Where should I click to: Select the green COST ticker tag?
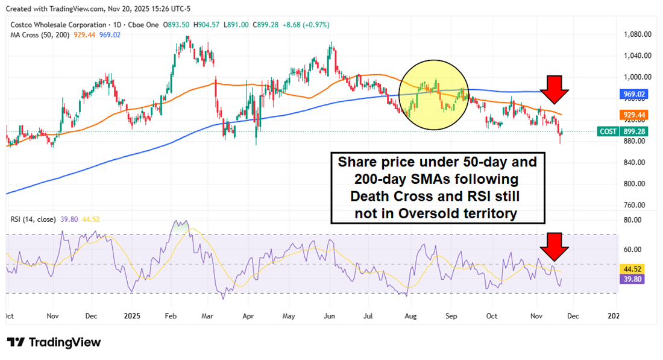coord(608,131)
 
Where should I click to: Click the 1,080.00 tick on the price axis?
coord(637,34)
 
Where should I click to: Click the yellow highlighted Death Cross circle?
coord(433,95)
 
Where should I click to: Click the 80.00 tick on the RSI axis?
coord(633,220)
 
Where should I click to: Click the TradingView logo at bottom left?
coord(54,342)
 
